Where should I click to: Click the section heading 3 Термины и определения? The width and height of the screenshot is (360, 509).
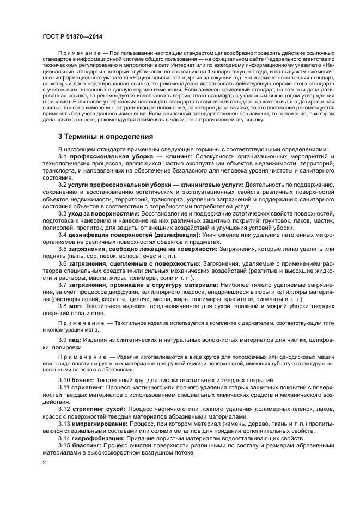tap(106, 136)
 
